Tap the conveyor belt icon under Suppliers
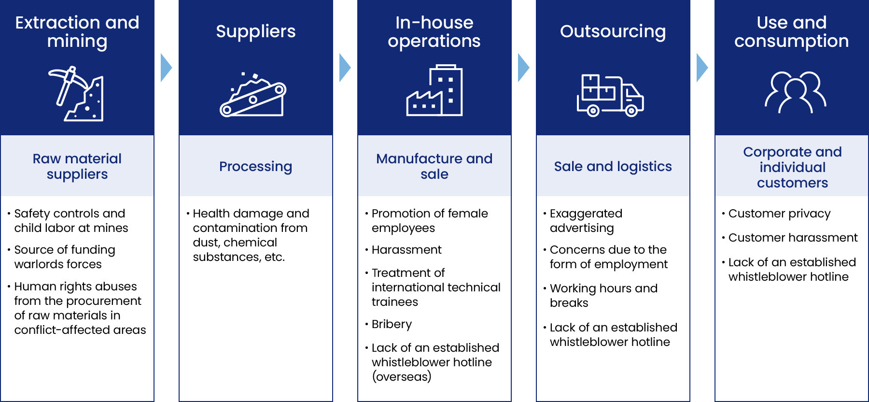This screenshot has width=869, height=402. click(x=253, y=95)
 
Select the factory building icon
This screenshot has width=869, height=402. click(x=434, y=90)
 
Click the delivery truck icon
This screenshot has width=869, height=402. click(x=610, y=96)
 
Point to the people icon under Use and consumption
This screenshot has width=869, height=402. click(x=795, y=92)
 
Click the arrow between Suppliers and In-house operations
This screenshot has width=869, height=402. click(x=345, y=68)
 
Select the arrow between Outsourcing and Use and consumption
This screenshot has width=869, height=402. click(x=702, y=68)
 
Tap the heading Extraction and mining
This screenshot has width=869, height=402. click(x=77, y=32)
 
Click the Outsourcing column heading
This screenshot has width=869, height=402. click(x=613, y=31)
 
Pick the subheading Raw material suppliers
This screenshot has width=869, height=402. click(x=77, y=166)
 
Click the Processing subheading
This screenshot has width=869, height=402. click(x=256, y=167)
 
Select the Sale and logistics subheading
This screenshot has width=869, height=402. click(x=613, y=167)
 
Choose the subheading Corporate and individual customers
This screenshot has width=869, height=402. click(x=792, y=167)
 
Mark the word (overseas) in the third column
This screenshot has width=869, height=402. click(x=402, y=377)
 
